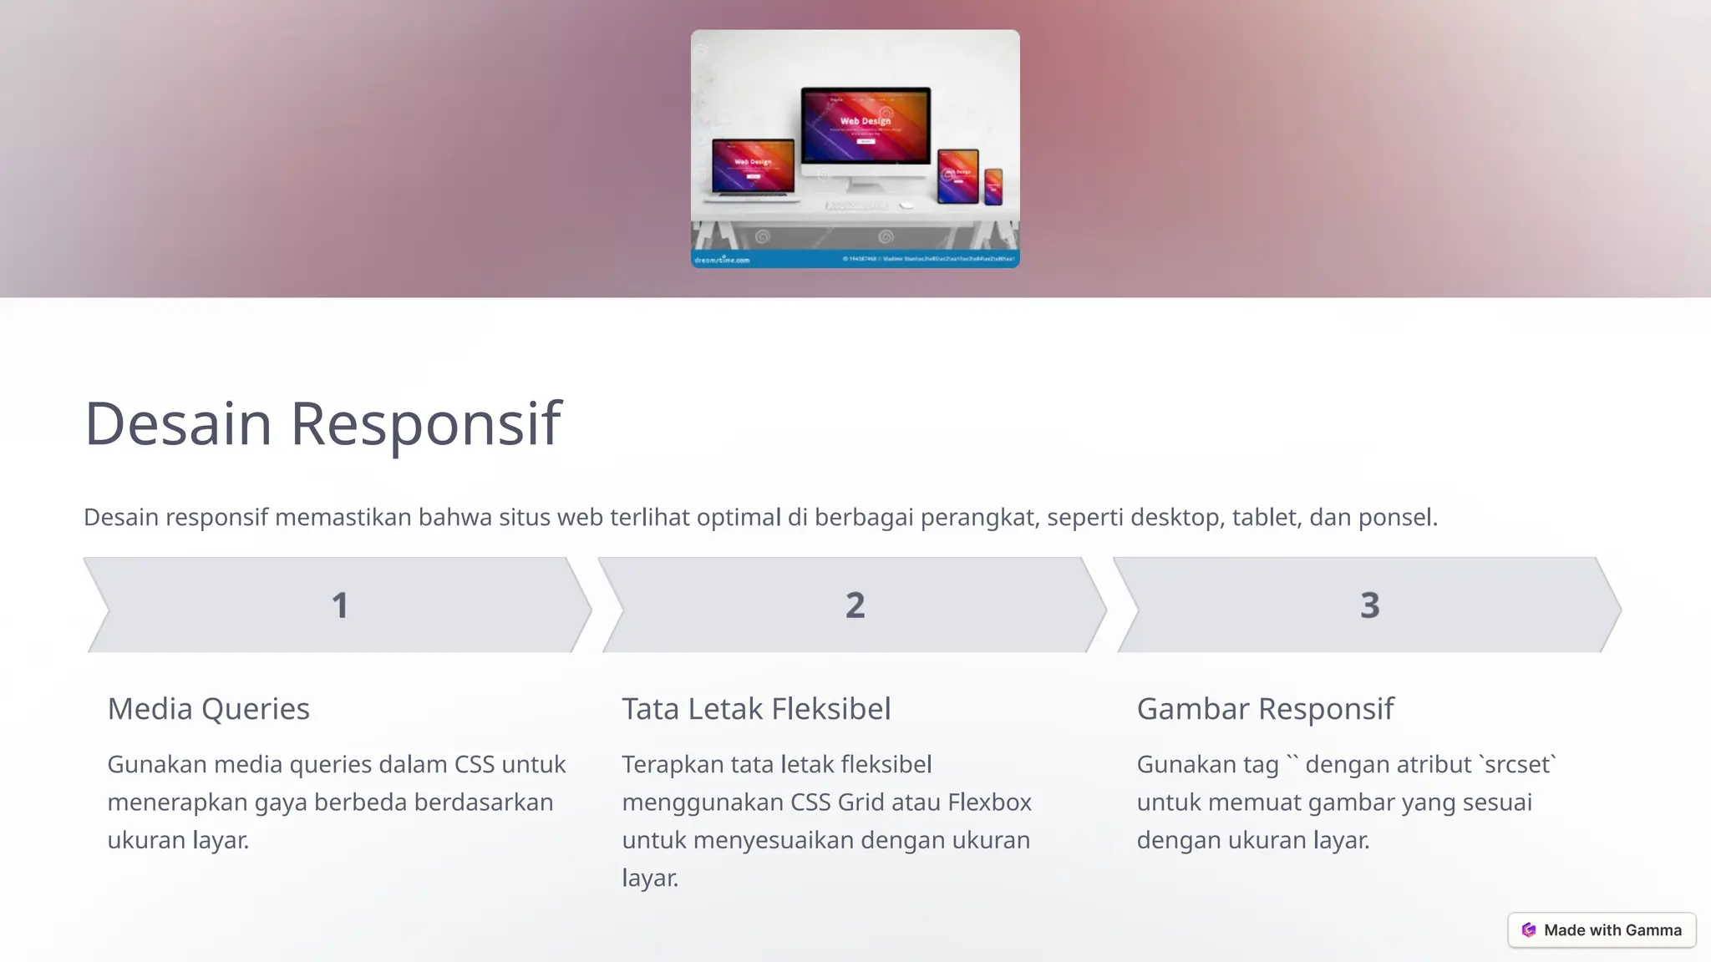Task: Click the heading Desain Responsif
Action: coord(322,423)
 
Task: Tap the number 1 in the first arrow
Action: coord(339,605)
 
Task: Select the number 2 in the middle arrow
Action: coord(855,605)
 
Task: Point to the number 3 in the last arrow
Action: coord(1369,605)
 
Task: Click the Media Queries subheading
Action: coord(208,709)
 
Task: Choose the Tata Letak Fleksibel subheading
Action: coord(756,709)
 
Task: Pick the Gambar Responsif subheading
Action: coord(1265,709)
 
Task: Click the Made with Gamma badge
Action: coord(1602,930)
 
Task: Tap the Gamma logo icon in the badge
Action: coord(1529,930)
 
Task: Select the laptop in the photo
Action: coord(752,169)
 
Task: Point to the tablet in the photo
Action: coord(957,175)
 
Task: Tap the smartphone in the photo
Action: coord(993,186)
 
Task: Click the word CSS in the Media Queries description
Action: coord(474,764)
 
